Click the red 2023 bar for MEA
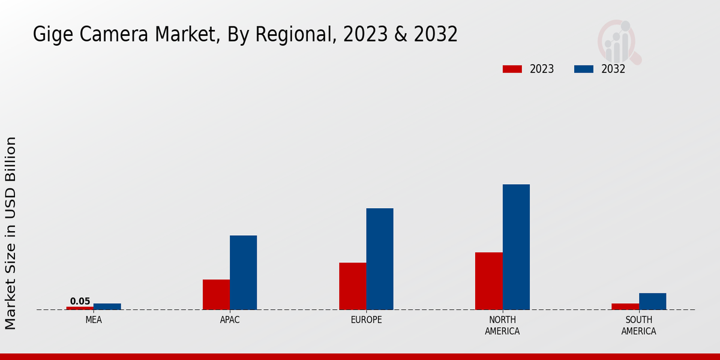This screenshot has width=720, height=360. (x=80, y=308)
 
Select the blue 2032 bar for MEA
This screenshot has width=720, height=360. (x=107, y=307)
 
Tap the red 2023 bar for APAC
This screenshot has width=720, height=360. (x=216, y=295)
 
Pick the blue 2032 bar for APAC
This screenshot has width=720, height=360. (x=243, y=272)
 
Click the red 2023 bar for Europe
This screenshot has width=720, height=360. (x=352, y=286)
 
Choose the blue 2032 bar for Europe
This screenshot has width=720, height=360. (x=380, y=259)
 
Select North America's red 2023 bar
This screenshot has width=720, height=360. (x=488, y=281)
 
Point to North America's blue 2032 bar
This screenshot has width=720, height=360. (x=516, y=247)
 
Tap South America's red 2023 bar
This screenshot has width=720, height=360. (x=625, y=307)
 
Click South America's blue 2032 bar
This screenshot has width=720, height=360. (x=652, y=301)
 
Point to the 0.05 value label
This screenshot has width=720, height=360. (x=80, y=301)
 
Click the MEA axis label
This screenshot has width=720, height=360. (x=94, y=320)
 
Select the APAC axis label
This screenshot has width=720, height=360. (x=230, y=320)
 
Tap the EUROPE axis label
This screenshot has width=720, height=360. (x=366, y=320)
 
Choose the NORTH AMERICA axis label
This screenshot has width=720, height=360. (x=502, y=325)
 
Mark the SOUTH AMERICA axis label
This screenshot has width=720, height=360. (x=638, y=325)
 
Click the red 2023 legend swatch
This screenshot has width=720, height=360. (x=512, y=69)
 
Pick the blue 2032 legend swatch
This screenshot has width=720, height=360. (x=583, y=69)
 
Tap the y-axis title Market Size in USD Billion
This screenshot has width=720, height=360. (x=11, y=233)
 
